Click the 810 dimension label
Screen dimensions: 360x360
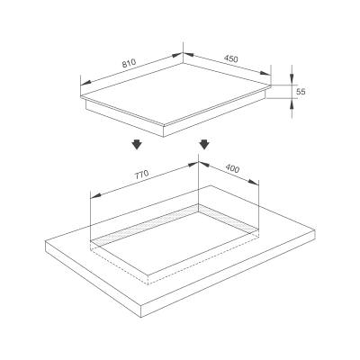129,63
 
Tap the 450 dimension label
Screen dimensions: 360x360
231,58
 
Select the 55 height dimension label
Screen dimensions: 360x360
301,92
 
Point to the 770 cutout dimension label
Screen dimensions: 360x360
141,175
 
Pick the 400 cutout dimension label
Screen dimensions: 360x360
232,168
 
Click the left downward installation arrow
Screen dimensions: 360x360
137,144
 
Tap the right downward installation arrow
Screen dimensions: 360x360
204,144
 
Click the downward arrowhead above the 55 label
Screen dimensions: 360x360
292,78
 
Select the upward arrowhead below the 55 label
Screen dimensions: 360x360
292,104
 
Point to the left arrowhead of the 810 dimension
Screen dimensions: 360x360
86,82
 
